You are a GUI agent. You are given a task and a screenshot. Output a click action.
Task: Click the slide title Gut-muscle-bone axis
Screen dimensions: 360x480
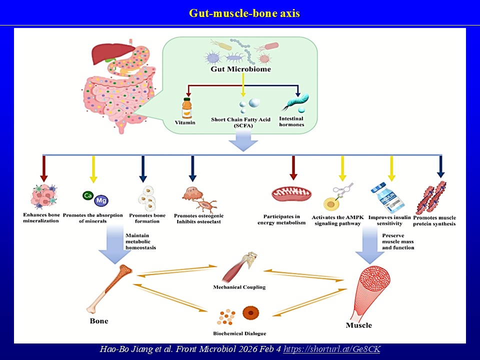point(244,13)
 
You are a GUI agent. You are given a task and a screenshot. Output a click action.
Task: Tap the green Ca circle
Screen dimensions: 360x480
point(87,195)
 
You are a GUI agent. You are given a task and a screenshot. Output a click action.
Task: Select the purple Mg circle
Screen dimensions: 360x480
point(100,200)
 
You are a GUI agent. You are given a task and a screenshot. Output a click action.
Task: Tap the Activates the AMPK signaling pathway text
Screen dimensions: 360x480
point(336,220)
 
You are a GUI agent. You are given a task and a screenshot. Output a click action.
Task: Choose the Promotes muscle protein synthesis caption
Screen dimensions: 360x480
point(434,220)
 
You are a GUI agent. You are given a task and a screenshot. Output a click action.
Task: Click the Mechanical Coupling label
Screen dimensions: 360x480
point(239,287)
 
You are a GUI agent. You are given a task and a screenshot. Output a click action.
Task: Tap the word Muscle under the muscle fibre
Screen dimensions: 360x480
point(358,325)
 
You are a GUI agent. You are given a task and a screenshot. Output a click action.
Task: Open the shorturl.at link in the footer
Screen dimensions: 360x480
point(331,349)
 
